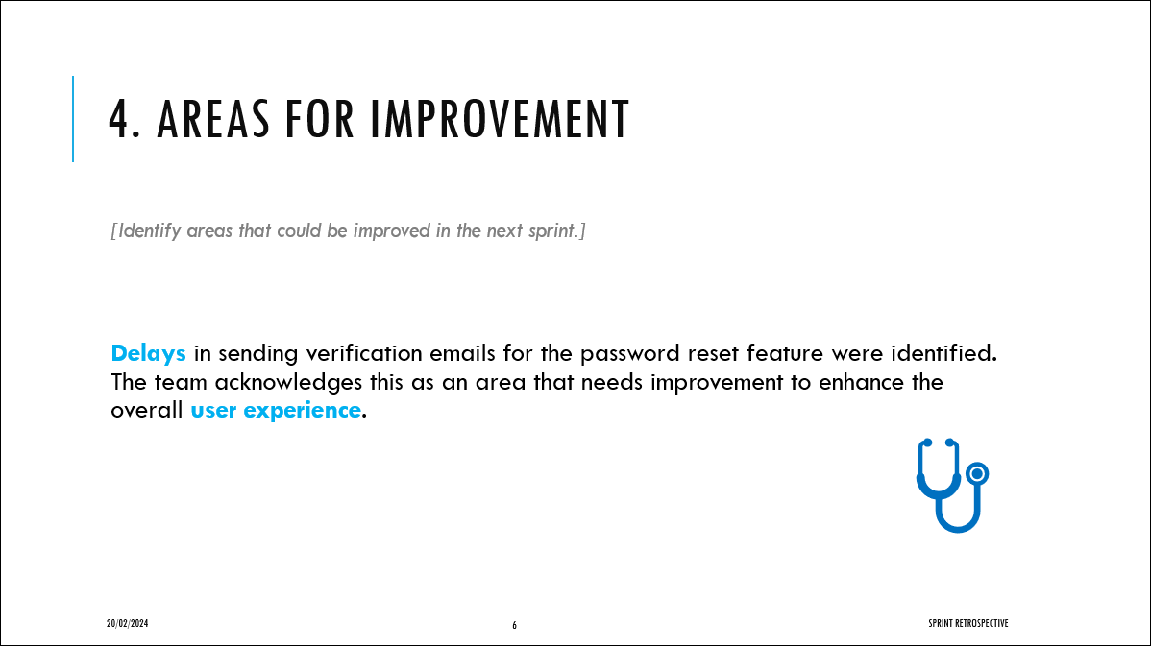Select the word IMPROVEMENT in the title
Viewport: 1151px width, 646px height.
(x=500, y=119)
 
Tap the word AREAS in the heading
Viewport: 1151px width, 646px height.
(x=213, y=119)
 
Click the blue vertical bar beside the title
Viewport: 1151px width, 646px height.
(x=73, y=119)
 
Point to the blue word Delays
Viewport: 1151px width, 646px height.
(x=148, y=353)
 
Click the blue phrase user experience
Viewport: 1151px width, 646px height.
(x=276, y=410)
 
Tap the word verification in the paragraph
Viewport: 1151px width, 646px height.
(x=364, y=353)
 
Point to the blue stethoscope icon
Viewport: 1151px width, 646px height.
(x=952, y=486)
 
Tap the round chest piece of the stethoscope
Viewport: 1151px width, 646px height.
(x=977, y=473)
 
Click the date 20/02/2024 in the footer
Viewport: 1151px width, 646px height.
(x=127, y=623)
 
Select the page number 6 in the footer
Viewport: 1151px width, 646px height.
(x=515, y=626)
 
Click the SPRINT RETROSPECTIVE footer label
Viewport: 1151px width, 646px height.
(x=968, y=623)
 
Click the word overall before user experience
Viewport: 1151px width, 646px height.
(x=147, y=410)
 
